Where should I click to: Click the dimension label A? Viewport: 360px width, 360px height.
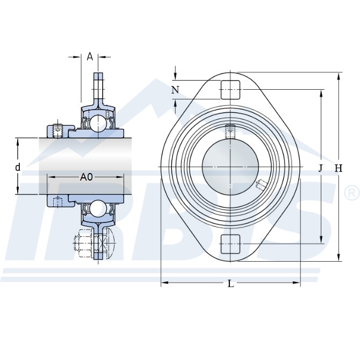(90, 56)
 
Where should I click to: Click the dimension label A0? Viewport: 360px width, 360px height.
(87, 177)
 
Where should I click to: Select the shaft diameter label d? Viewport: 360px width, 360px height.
(18, 167)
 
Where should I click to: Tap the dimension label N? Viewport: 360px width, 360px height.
(175, 90)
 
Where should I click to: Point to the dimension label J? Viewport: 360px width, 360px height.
(321, 169)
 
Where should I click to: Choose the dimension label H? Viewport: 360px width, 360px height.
(338, 169)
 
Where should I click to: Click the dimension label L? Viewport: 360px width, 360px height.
(231, 284)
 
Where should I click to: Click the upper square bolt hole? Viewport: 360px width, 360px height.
(231, 90)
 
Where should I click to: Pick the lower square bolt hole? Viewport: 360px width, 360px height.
(231, 244)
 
